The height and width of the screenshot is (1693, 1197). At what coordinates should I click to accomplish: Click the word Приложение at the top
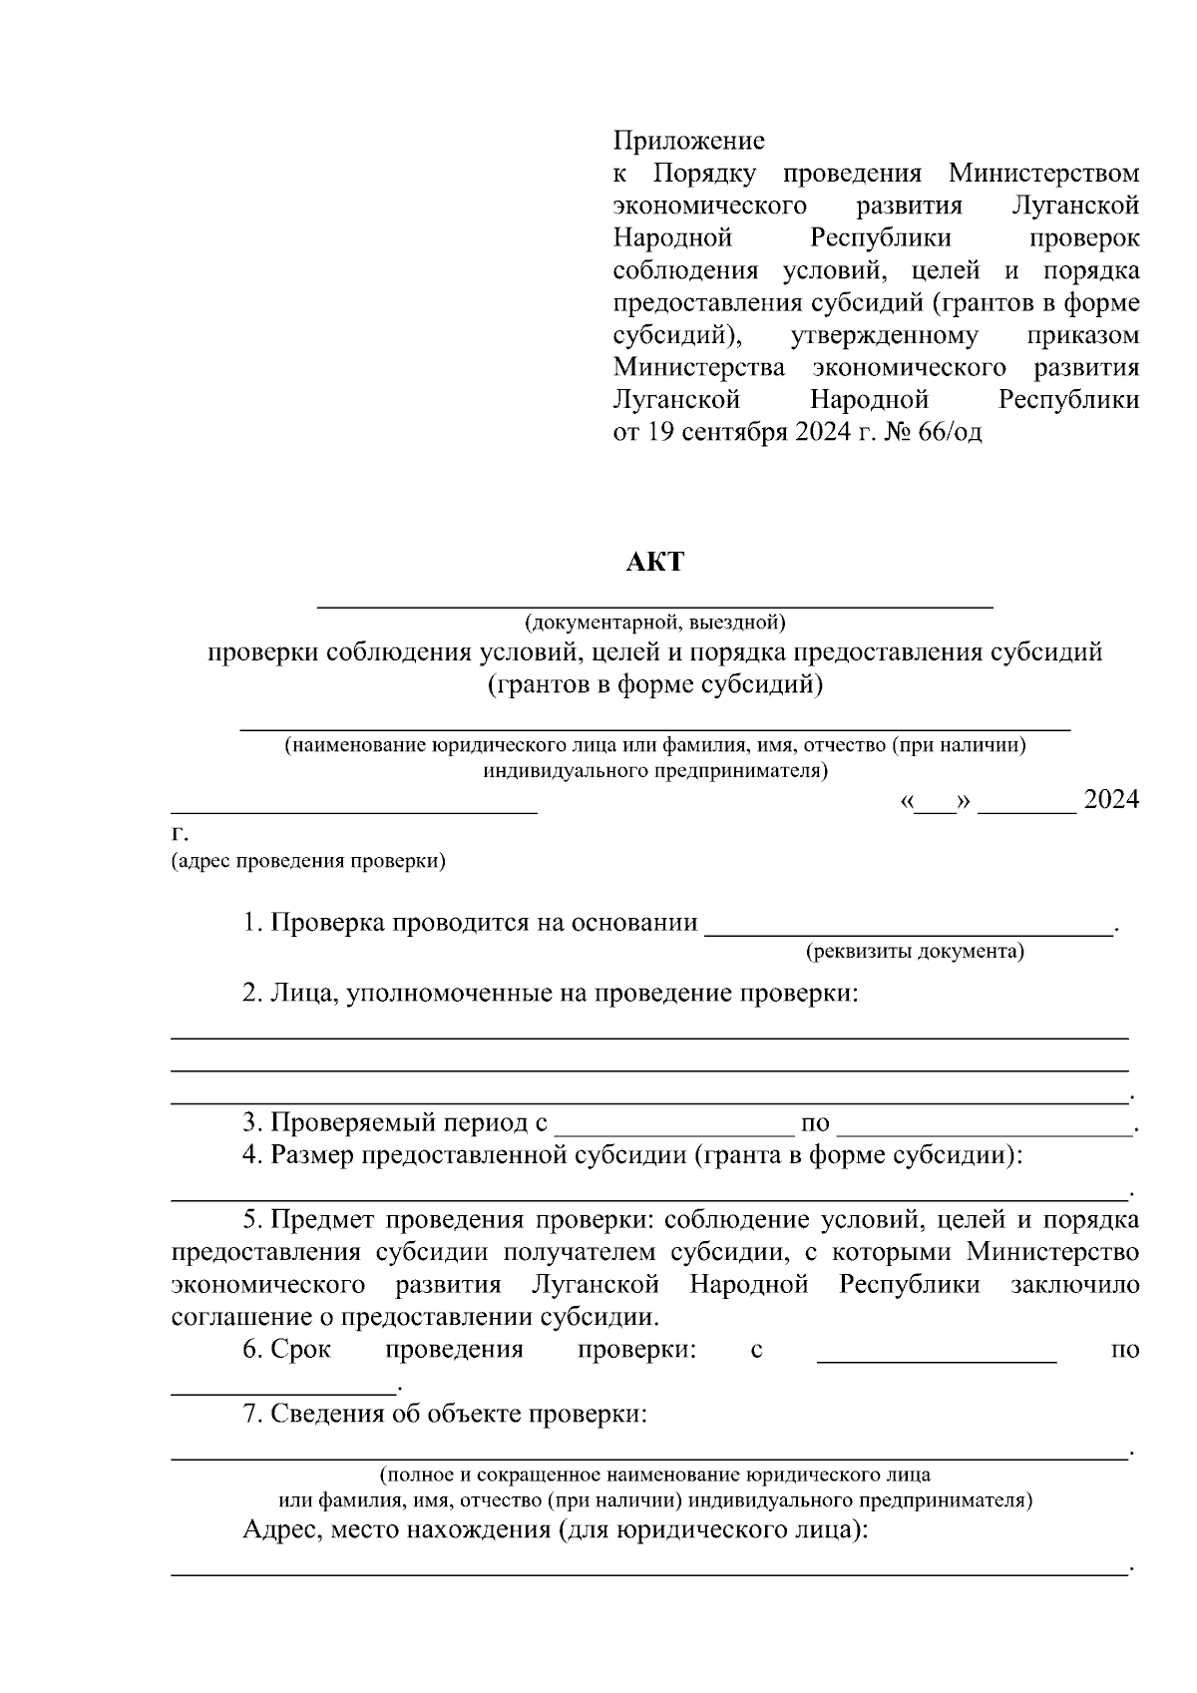pyautogui.click(x=688, y=141)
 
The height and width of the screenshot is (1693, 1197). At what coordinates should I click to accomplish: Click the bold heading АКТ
pyautogui.click(x=654, y=562)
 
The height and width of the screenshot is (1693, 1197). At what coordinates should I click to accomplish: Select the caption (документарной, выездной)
pyautogui.click(x=655, y=623)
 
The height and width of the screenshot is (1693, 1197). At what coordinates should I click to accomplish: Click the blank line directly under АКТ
pyautogui.click(x=654, y=604)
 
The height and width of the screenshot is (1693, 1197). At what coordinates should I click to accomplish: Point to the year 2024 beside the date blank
pyautogui.click(x=1110, y=799)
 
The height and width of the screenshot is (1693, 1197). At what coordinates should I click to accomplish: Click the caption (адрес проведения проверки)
pyautogui.click(x=308, y=861)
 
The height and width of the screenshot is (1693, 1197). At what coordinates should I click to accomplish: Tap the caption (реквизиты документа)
pyautogui.click(x=915, y=951)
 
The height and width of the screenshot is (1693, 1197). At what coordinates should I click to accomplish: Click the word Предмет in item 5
pyautogui.click(x=323, y=1220)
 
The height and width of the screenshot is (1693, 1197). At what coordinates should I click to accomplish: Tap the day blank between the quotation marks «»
pyautogui.click(x=935, y=804)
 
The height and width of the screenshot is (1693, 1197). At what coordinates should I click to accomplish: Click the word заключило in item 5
pyautogui.click(x=1074, y=1284)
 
